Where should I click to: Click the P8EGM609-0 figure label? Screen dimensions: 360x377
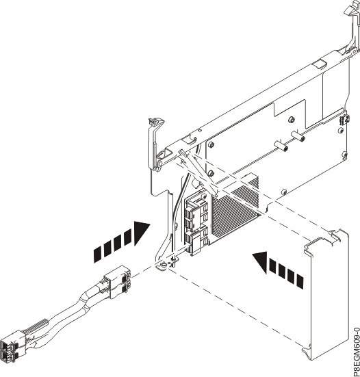coord(356,351)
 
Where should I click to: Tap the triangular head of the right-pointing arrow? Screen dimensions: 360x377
coord(142,233)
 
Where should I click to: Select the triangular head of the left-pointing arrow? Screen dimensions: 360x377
coord(260,262)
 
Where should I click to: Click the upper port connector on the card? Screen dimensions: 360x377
coord(195,211)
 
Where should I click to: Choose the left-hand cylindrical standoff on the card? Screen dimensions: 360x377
coord(281,146)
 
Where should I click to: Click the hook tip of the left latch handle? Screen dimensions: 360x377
coord(156,120)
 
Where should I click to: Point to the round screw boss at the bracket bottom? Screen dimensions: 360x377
coord(164,265)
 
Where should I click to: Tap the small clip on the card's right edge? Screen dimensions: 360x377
coord(345,120)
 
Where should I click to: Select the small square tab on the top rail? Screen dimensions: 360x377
coord(319,65)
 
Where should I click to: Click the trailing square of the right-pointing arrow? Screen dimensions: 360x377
coord(97,255)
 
